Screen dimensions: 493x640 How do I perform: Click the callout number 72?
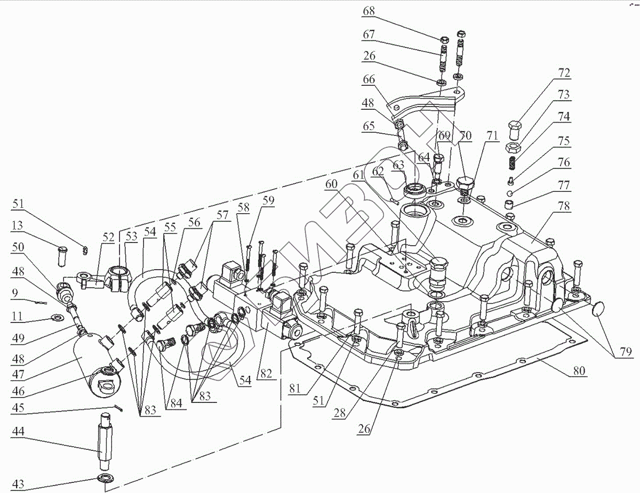(x=563, y=72)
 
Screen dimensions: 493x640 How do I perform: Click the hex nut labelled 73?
(x=514, y=147)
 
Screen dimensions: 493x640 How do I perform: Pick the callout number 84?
(x=174, y=403)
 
